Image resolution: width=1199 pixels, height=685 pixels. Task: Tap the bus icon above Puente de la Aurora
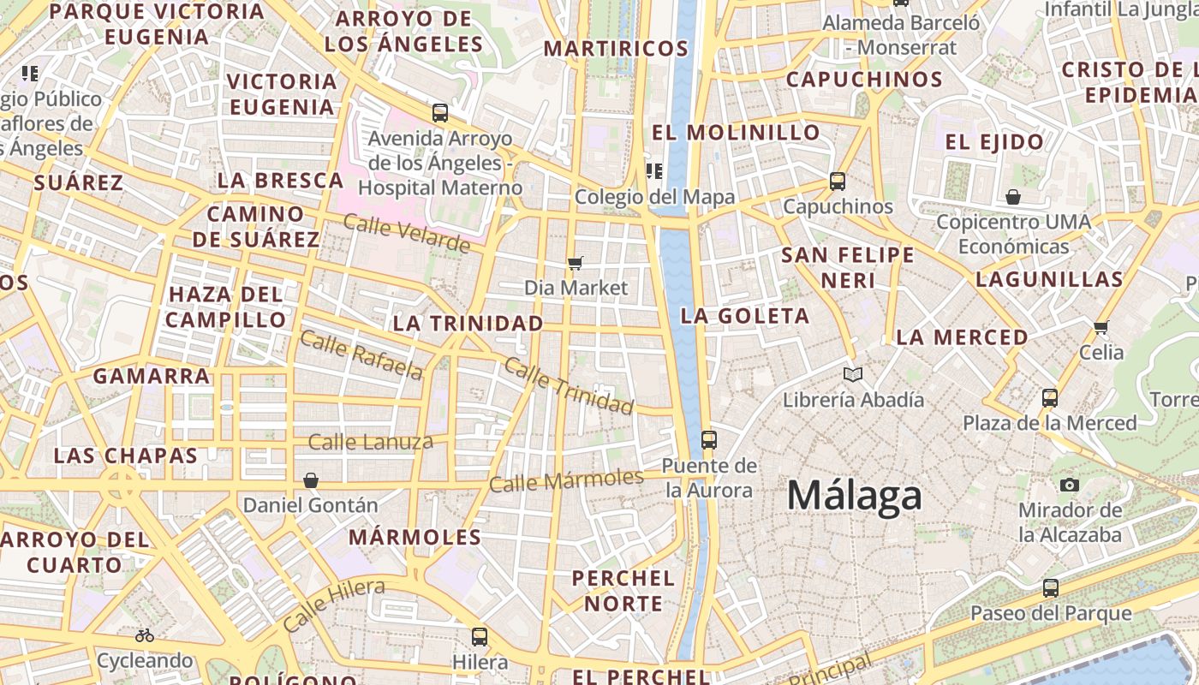coord(709,440)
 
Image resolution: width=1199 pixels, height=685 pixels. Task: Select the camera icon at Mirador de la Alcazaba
coord(1069,485)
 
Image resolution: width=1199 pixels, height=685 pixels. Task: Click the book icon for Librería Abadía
coord(853,374)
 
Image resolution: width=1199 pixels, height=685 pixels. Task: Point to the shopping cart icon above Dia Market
coord(576,263)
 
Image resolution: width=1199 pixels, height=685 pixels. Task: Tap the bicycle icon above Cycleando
coord(145,635)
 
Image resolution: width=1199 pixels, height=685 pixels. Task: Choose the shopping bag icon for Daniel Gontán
coord(311,480)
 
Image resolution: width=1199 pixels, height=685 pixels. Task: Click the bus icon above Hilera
coord(480,637)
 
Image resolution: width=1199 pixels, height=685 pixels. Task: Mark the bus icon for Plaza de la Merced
coord(1050,398)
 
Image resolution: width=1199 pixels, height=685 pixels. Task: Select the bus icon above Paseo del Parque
coord(1051,588)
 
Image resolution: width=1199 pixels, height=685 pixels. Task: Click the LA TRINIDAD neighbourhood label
coord(468,324)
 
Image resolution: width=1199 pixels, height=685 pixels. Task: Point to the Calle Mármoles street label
coord(566,480)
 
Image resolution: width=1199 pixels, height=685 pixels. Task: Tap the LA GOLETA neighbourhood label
coord(744,316)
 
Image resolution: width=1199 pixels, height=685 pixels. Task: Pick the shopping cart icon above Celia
coord(1101,327)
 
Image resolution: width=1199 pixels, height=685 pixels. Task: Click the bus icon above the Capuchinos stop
coord(838,182)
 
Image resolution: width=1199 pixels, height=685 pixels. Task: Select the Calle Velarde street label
coord(407,234)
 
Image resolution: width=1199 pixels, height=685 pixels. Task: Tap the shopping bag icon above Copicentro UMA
coord(1013,198)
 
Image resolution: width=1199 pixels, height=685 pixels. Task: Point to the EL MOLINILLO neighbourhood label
coord(736,133)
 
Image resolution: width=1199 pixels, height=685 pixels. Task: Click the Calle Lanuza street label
coord(370,443)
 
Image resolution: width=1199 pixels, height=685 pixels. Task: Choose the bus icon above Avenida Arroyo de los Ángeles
coord(440,112)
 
